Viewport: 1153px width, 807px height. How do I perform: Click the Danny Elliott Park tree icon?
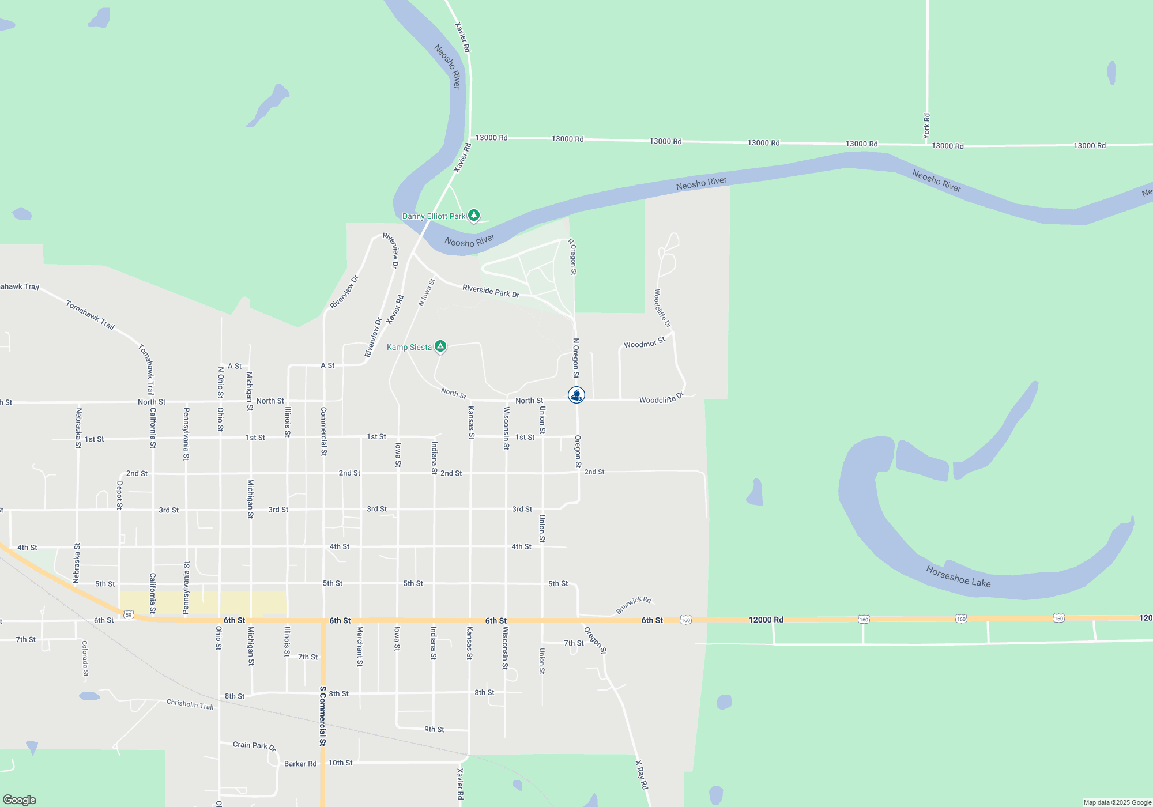[474, 216]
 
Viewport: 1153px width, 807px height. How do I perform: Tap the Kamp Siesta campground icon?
[440, 346]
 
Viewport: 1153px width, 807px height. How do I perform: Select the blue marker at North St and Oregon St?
[576, 395]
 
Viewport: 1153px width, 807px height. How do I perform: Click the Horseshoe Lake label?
[958, 576]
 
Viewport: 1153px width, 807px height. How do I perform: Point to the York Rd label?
[927, 126]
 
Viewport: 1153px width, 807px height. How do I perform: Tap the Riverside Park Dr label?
[491, 291]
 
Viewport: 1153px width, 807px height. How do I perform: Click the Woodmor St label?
[645, 344]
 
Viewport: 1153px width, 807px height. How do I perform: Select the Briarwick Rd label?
[634, 605]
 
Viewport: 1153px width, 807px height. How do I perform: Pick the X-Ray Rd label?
[642, 775]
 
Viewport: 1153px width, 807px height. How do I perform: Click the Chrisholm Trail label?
[190, 704]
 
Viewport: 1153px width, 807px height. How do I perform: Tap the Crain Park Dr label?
[254, 745]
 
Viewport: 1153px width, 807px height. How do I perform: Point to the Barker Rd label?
[300, 764]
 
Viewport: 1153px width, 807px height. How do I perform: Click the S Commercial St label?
[323, 716]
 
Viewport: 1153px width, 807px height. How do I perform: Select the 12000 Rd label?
[766, 620]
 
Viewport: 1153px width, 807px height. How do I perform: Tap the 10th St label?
[340, 763]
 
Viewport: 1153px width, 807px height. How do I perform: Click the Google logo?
[20, 800]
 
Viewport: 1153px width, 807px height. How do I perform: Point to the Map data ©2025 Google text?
[1117, 802]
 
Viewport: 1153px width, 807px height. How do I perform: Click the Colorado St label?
[85, 658]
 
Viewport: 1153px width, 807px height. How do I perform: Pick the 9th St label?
[434, 729]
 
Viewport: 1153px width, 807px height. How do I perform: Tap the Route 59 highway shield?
[129, 615]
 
